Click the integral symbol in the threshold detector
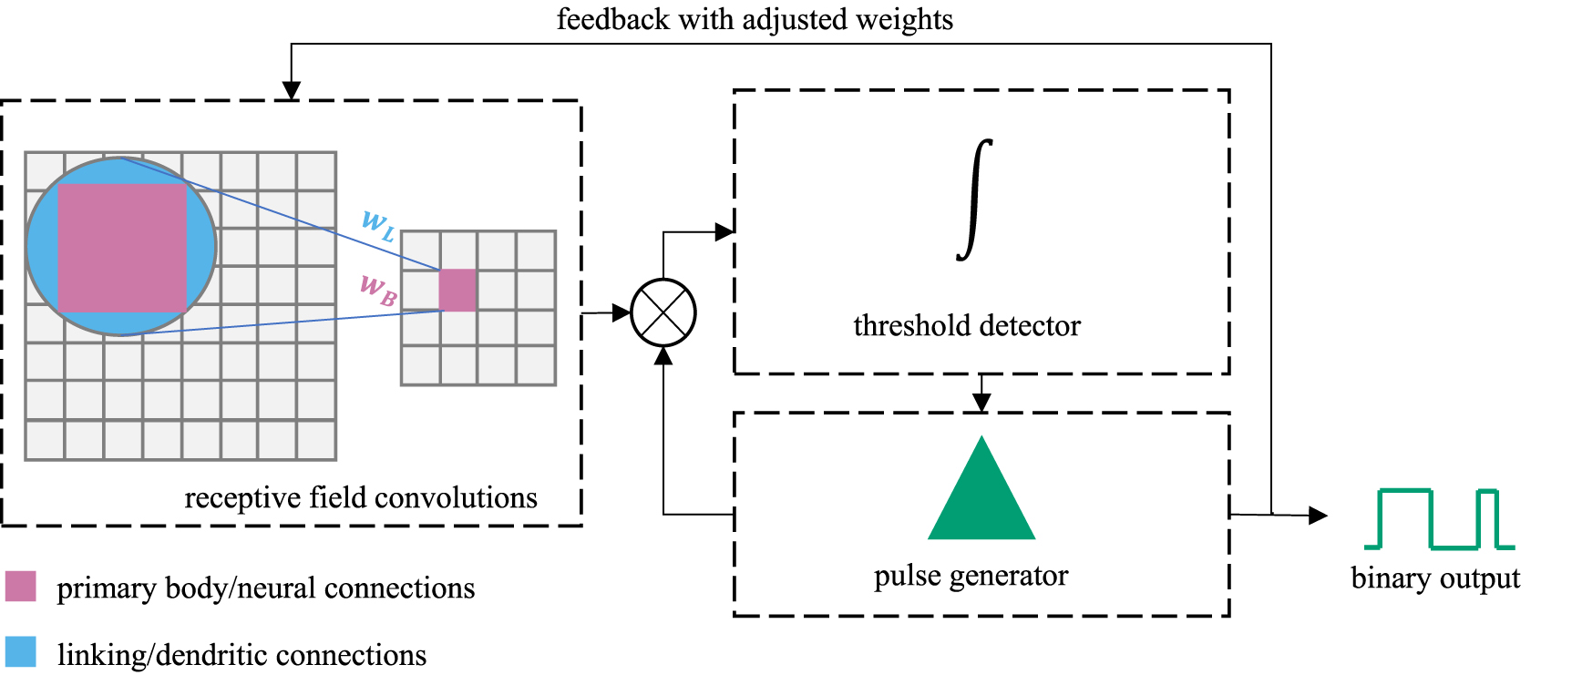tap(974, 200)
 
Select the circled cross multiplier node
tap(663, 312)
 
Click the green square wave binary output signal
tap(1438, 519)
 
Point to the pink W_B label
tap(378, 291)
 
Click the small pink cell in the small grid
tap(457, 291)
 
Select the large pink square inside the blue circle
tap(122, 248)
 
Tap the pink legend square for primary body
tap(20, 586)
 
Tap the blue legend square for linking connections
tap(20, 652)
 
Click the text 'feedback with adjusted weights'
tap(755, 19)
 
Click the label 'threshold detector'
tap(966, 325)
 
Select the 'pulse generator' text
tap(971, 576)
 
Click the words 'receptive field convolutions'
tap(361, 498)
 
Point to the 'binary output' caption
tap(1435, 578)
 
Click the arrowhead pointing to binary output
tap(1318, 516)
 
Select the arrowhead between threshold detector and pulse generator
tap(981, 403)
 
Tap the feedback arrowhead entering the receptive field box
tap(291, 90)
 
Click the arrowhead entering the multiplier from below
tap(663, 356)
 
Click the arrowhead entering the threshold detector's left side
tap(724, 232)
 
